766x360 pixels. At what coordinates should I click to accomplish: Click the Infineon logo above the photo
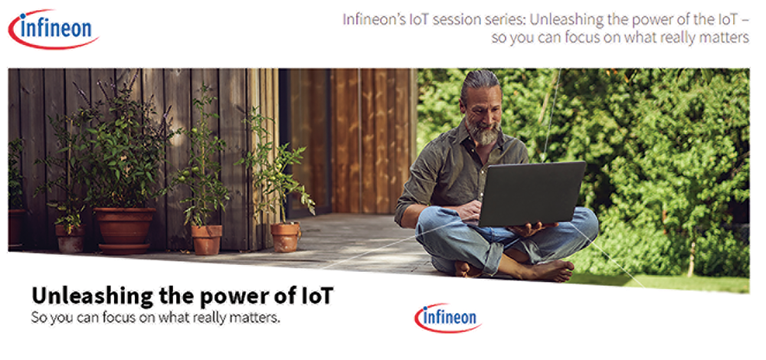coord(54,29)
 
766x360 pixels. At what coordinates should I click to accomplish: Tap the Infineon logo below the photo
coord(448,318)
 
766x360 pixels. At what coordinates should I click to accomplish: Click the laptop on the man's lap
coord(529,194)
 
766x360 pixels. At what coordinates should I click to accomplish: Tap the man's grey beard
coord(483,131)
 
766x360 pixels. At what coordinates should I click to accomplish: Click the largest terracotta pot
coord(124,231)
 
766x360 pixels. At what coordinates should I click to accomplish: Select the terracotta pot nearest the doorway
coord(285,237)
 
